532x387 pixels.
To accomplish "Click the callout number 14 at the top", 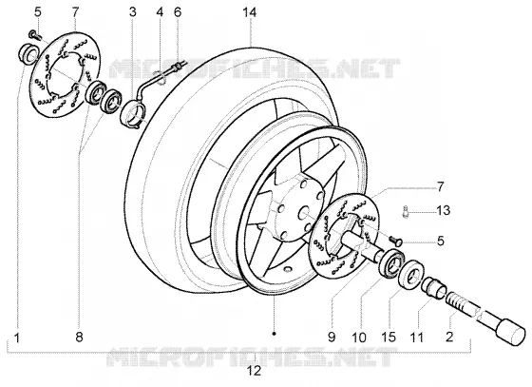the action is point(250,12).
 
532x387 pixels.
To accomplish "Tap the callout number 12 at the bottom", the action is point(255,371).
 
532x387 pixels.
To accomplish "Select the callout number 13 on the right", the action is point(443,210).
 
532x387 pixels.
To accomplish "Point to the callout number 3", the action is point(133,12).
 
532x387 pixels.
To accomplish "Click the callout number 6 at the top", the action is point(178,12).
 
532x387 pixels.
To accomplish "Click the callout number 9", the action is point(332,337).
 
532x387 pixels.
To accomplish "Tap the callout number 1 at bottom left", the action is point(17,338).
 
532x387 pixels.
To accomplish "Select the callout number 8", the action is point(79,338).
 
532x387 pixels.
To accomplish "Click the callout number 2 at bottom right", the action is point(449,337).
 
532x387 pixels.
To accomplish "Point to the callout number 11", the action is point(417,338).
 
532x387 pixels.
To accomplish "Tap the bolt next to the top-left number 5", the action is point(34,34).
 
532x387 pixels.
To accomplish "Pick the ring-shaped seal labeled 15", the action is point(411,272).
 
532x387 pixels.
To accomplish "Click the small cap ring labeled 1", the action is point(27,53).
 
